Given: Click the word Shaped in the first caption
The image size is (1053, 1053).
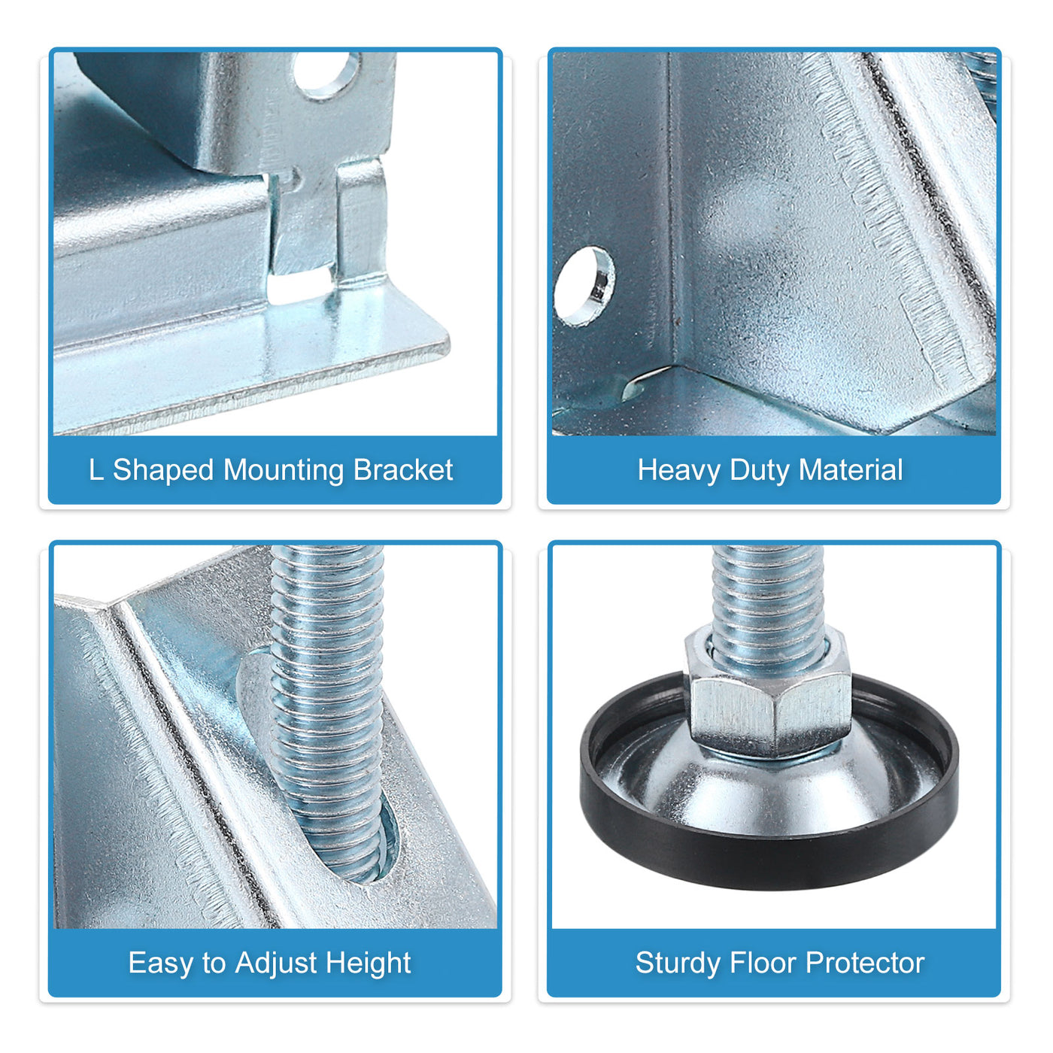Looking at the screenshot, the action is tap(163, 471).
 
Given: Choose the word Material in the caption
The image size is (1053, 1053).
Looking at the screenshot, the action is tap(850, 470).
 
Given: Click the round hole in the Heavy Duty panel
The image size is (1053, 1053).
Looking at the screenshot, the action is tap(584, 287).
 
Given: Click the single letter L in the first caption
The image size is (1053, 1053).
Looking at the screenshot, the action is tap(96, 470).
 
